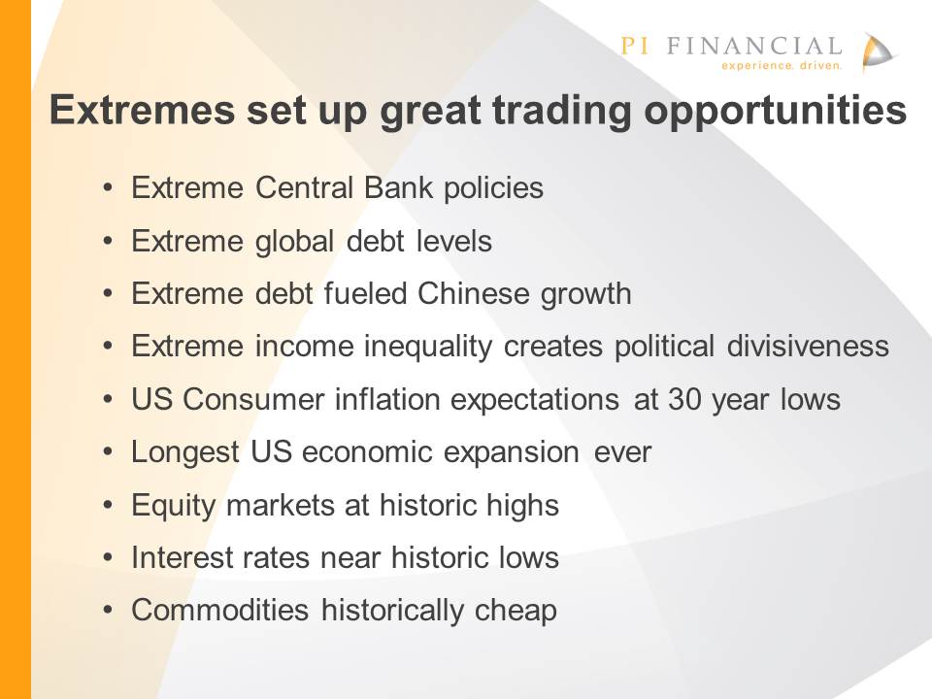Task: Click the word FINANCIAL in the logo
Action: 753,46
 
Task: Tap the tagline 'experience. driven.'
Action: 782,65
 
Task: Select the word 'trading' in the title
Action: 561,111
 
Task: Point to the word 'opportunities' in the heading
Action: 775,111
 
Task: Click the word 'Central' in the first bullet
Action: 304,187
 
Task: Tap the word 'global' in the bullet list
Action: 295,243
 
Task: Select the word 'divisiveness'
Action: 808,346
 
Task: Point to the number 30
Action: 684,399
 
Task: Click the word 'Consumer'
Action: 253,399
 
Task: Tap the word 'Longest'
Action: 185,453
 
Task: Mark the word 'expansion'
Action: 512,453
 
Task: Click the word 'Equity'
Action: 173,506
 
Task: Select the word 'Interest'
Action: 182,557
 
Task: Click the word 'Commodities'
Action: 220,611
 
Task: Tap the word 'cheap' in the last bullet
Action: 516,611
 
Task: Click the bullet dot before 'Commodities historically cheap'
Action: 108,611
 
